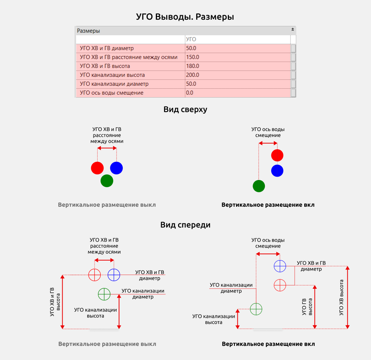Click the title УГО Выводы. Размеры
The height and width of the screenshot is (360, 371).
[x=185, y=17]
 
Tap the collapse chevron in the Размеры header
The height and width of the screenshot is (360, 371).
[x=293, y=30]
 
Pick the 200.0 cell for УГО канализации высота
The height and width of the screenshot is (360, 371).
[x=193, y=75]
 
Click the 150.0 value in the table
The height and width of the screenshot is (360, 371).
[x=193, y=57]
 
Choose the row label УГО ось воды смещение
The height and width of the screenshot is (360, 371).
[x=111, y=93]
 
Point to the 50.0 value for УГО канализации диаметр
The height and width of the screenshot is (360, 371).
[x=191, y=84]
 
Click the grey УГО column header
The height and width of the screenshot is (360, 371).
[x=191, y=39]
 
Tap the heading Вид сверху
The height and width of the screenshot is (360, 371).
[x=185, y=109]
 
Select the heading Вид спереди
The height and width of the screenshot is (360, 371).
[x=185, y=225]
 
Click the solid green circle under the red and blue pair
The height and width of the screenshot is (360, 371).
[x=107, y=181]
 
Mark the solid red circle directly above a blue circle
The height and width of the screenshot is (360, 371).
[x=277, y=156]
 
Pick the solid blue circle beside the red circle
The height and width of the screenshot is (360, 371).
[x=116, y=168]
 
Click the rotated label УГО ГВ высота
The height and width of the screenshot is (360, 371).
[x=307, y=307]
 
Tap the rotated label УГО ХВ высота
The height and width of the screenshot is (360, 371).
[x=341, y=298]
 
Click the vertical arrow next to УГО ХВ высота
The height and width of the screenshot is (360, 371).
[x=347, y=298]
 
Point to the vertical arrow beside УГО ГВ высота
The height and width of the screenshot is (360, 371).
[x=315, y=307]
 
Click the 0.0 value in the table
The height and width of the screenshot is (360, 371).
[x=190, y=93]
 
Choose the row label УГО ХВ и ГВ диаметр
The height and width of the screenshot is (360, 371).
[x=107, y=48]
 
